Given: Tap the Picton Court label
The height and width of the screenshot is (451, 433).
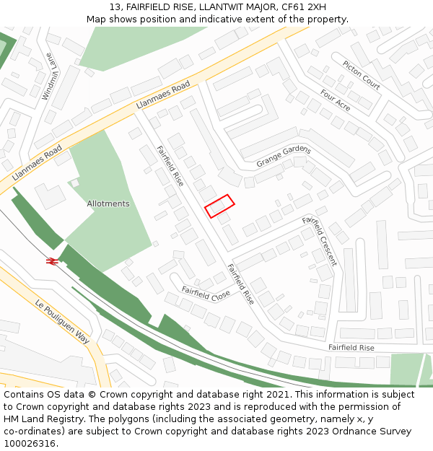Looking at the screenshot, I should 361,75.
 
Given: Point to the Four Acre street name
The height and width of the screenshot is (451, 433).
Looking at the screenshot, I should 335,100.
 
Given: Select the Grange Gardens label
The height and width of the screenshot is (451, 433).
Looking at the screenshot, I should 284,157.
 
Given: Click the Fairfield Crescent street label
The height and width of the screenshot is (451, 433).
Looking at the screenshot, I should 319,240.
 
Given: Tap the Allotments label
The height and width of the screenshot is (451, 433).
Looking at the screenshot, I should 108,204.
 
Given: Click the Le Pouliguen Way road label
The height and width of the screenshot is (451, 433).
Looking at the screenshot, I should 62,321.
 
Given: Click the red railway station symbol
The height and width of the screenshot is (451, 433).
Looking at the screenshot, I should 52,261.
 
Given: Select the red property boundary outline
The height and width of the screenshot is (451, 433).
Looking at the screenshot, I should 219,206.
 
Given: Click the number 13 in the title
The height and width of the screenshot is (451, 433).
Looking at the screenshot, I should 115,7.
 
